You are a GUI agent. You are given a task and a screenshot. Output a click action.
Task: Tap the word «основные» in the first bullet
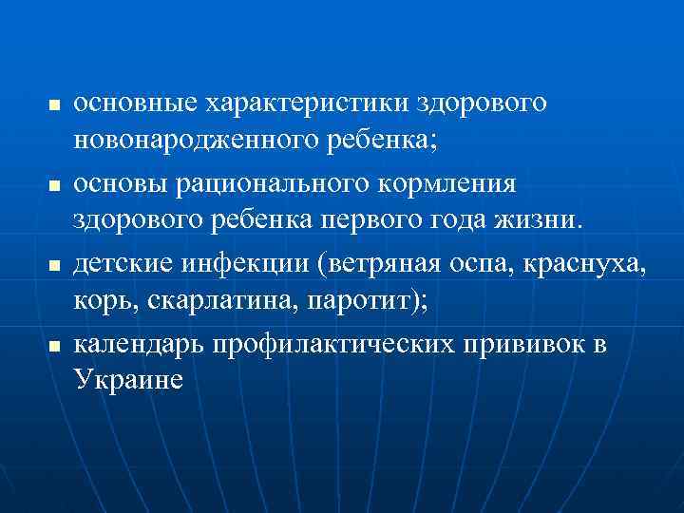131,103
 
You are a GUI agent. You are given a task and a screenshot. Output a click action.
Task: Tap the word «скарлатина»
200,303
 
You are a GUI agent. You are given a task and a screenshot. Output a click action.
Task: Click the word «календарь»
140,344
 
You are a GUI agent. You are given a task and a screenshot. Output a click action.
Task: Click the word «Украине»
126,383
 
